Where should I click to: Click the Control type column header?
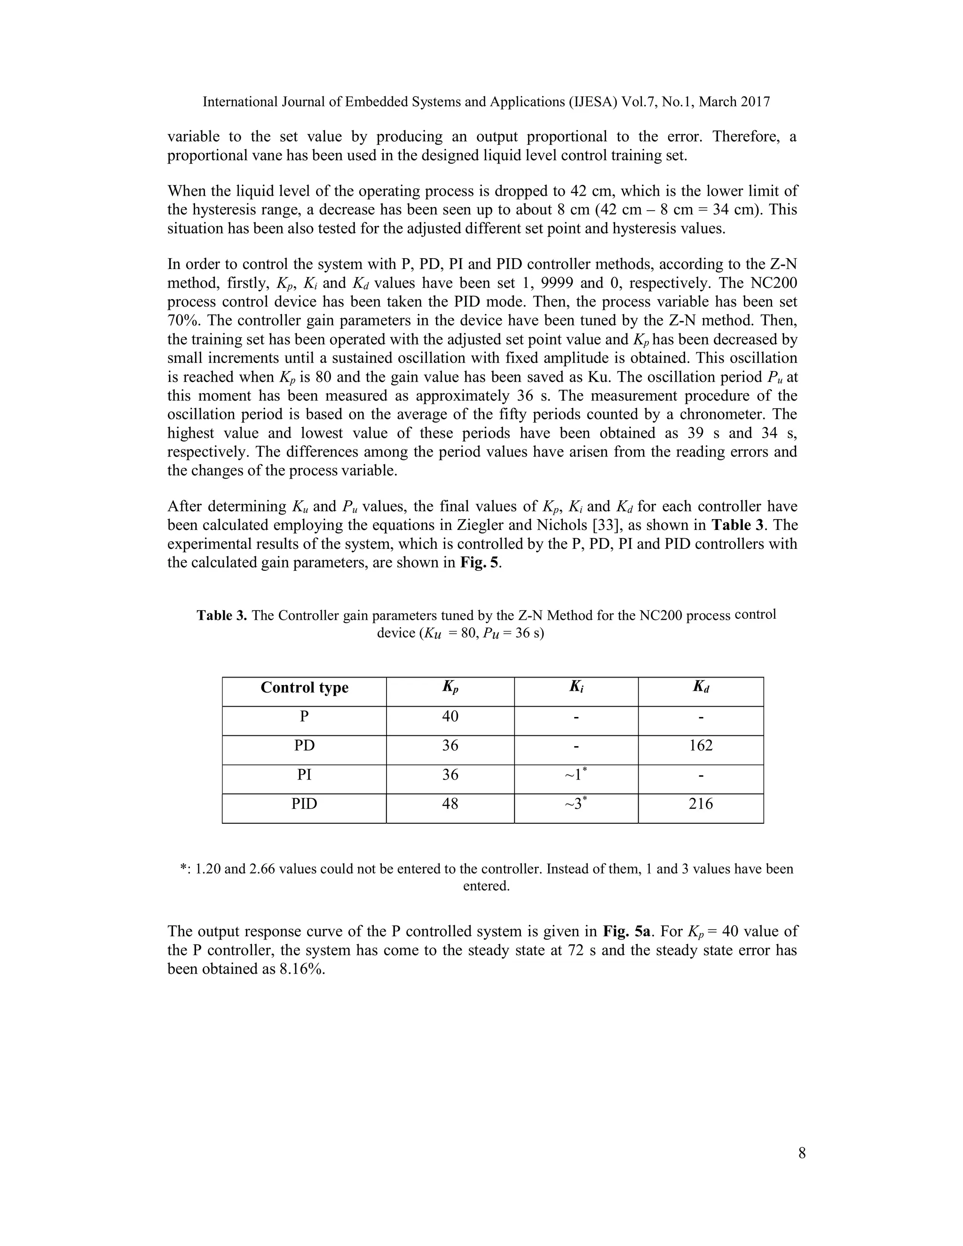tap(304, 687)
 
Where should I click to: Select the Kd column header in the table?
tap(701, 687)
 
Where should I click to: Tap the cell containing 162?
tap(701, 746)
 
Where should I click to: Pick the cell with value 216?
tap(701, 804)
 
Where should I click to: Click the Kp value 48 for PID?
tap(450, 804)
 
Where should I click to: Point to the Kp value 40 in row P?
tap(450, 716)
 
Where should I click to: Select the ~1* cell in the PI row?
tap(576, 775)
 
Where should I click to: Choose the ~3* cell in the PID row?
tap(576, 804)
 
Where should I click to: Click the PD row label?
tap(304, 746)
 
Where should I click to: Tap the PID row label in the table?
tap(304, 804)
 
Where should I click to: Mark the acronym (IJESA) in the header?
tap(593, 102)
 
